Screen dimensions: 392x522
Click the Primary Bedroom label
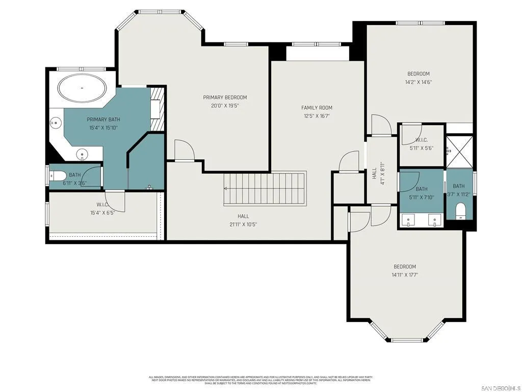click(x=225, y=97)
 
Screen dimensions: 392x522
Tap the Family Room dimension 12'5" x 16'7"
click(x=317, y=116)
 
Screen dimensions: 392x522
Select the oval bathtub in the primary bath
click(x=82, y=88)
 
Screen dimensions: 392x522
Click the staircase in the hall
click(x=265, y=188)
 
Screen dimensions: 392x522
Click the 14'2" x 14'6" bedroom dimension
click(x=418, y=82)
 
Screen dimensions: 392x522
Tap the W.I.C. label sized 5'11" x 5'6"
click(x=421, y=140)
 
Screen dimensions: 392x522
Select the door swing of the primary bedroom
click(x=184, y=150)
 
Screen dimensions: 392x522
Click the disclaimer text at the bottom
click(x=260, y=380)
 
